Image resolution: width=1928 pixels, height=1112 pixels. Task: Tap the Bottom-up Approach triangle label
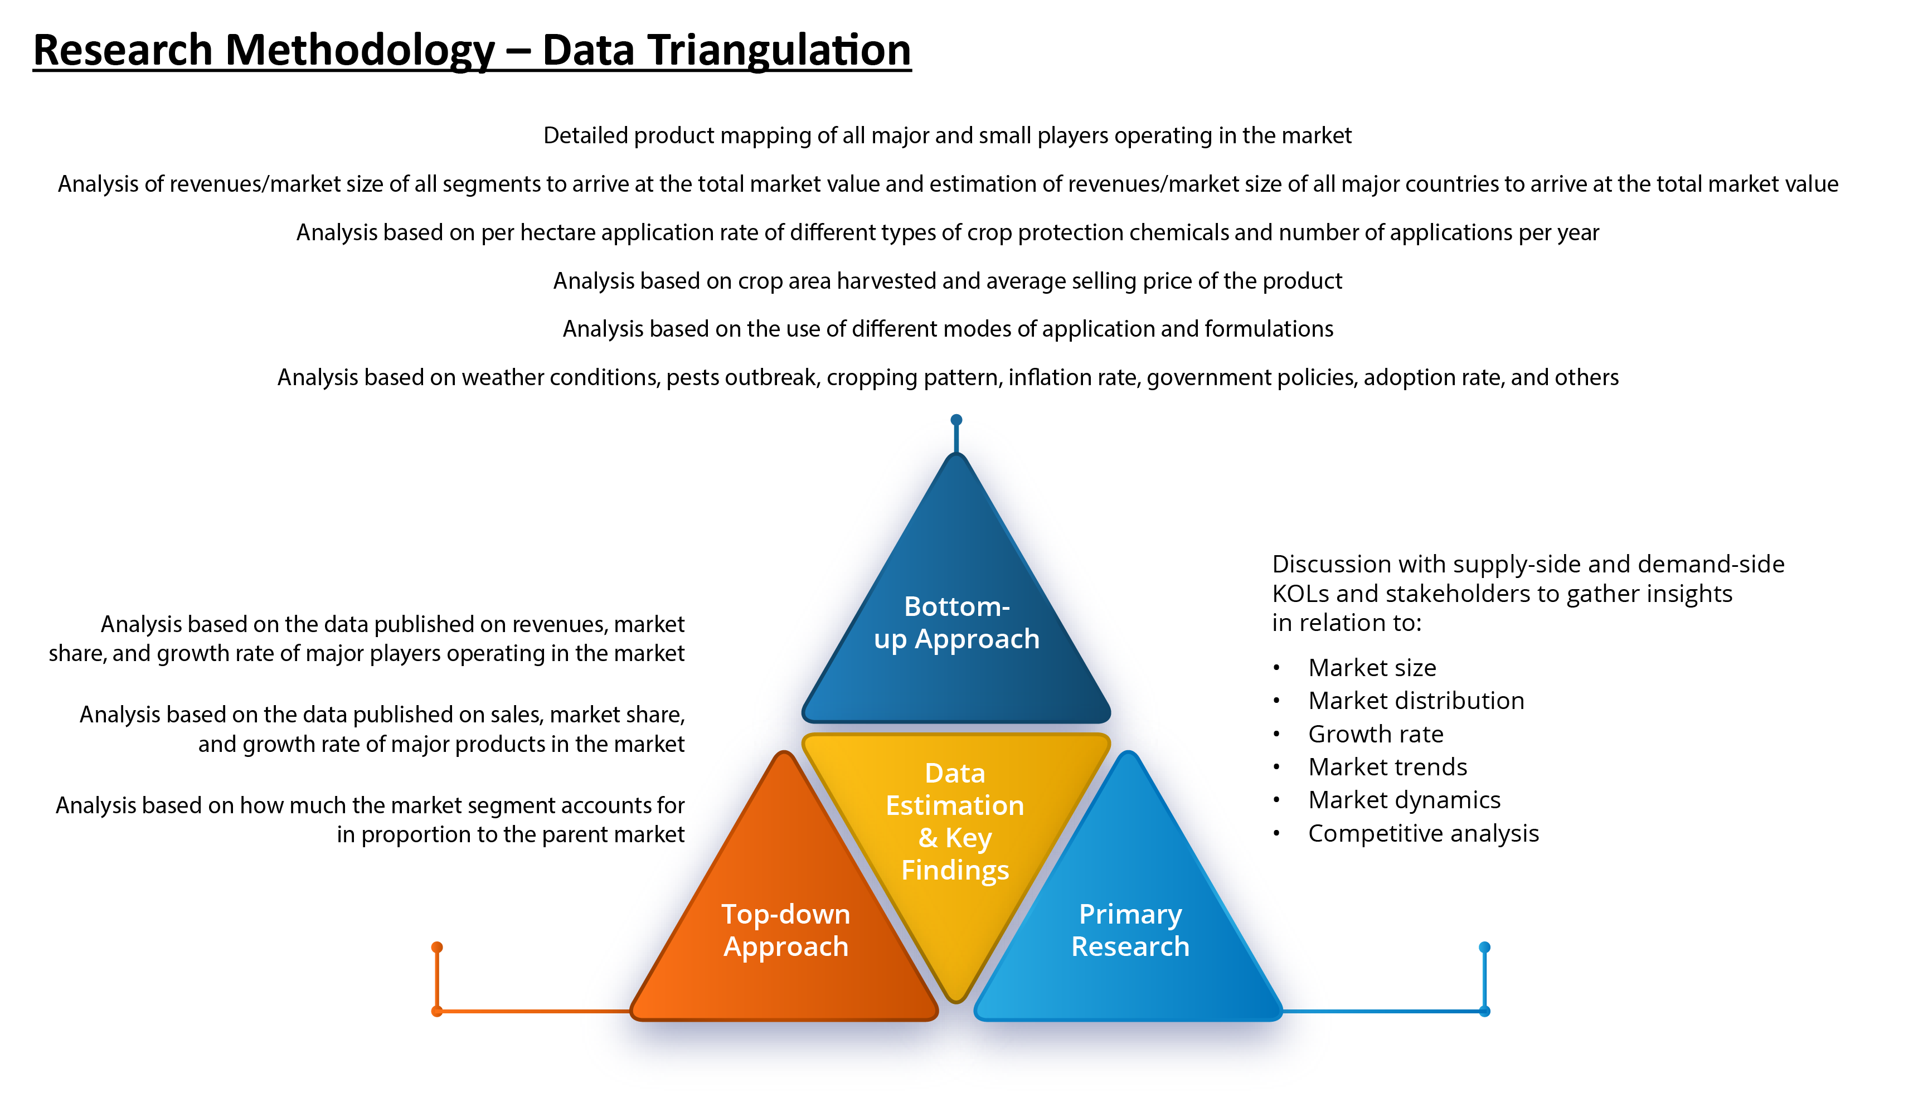point(956,623)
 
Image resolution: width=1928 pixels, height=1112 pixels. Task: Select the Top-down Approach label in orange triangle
point(786,930)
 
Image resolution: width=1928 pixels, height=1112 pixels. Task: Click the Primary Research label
point(1130,930)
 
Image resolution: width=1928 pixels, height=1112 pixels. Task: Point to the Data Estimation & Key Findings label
point(955,822)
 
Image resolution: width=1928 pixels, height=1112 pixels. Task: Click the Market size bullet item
point(1372,668)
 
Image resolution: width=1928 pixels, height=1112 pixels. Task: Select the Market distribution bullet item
point(1416,700)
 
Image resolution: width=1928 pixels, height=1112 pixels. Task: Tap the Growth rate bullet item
point(1376,734)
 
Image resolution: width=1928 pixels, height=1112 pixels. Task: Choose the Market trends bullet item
point(1387,767)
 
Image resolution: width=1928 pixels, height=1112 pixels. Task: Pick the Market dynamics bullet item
point(1404,800)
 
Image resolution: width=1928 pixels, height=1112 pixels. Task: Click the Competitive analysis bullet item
point(1423,833)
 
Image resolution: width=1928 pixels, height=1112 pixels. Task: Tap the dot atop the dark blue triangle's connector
point(956,420)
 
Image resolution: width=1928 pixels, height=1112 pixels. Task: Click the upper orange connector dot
point(437,947)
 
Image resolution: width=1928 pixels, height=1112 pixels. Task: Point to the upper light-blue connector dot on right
point(1484,947)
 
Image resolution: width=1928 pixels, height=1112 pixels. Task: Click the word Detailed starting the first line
point(586,135)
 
